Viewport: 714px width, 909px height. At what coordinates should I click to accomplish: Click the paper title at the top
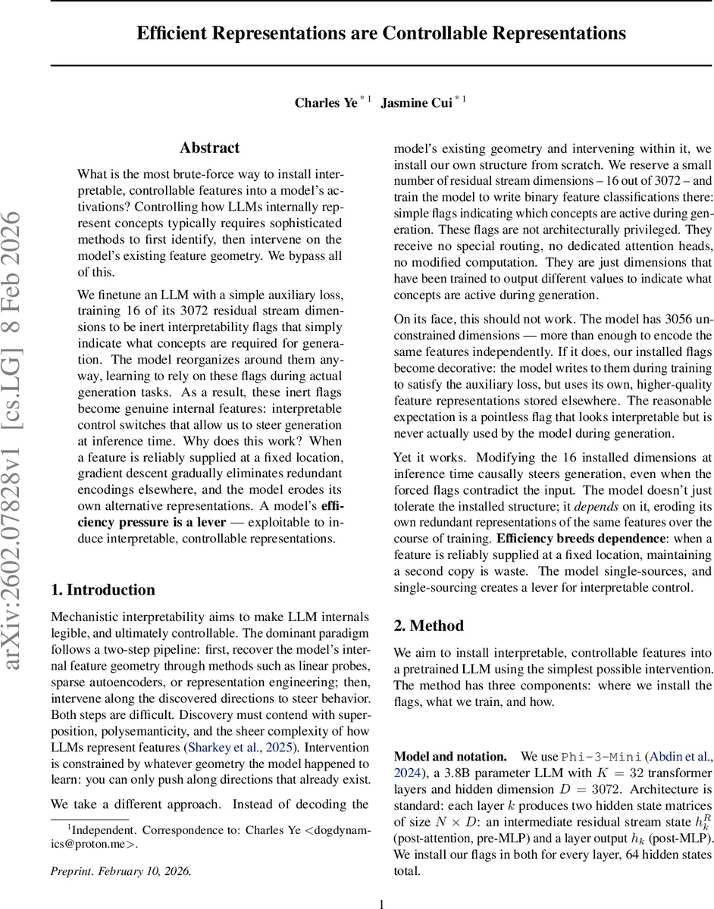(x=381, y=33)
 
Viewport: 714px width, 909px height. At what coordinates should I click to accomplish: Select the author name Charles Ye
(x=326, y=102)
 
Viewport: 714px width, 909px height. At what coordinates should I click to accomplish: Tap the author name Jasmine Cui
(x=415, y=102)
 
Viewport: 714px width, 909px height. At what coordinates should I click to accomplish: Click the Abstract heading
(x=209, y=148)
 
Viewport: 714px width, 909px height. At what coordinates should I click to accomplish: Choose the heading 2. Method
(x=428, y=626)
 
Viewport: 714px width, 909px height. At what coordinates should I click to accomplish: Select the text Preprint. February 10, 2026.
(x=121, y=850)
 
